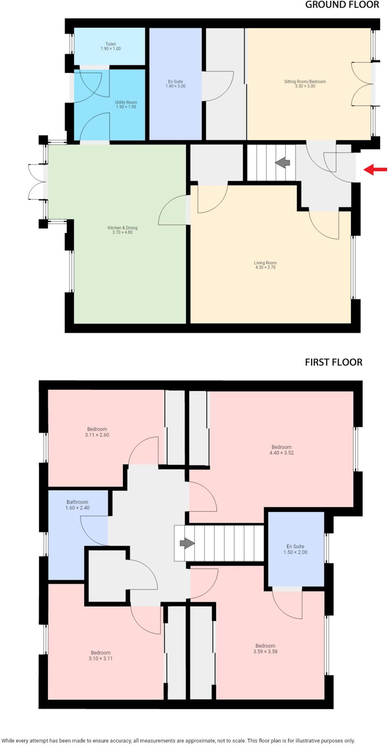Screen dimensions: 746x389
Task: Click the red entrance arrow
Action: coord(375,169)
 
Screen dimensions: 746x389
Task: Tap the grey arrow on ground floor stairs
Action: coord(282,163)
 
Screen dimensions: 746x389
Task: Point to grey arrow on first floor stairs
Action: coord(187,543)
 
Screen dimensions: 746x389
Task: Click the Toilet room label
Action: coord(111,46)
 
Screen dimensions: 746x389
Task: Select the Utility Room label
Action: coord(126,105)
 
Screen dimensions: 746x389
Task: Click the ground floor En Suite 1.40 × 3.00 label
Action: coord(176,84)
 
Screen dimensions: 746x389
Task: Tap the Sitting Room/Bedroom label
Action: coord(305,84)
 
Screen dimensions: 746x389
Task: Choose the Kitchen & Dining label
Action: coord(122,230)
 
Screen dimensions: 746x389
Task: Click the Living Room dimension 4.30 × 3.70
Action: coord(265,267)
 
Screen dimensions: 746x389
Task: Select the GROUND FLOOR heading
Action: coord(342,5)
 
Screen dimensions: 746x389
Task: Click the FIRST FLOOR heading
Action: coord(333,362)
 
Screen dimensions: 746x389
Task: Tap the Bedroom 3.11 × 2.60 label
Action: coord(97,432)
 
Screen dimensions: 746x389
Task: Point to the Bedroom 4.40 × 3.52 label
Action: coord(282,450)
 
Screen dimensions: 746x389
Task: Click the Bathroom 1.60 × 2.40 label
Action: coord(77,505)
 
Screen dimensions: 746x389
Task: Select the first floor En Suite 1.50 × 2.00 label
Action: coord(295,549)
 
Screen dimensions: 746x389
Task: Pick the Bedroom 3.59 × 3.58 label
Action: coord(265,648)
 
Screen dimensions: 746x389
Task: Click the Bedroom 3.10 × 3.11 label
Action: coord(101,655)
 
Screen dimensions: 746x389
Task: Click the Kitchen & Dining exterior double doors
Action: coord(36,182)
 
